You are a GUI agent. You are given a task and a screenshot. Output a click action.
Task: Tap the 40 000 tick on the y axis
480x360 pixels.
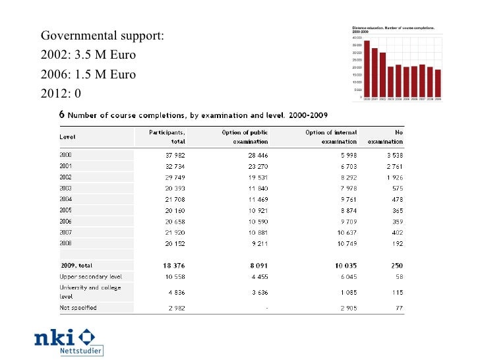click(358, 38)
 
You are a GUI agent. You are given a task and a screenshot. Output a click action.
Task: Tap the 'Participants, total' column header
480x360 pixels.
click(168, 136)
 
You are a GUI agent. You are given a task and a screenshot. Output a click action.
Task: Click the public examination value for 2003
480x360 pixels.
click(255, 188)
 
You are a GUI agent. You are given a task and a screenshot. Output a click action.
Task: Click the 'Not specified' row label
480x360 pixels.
click(78, 307)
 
